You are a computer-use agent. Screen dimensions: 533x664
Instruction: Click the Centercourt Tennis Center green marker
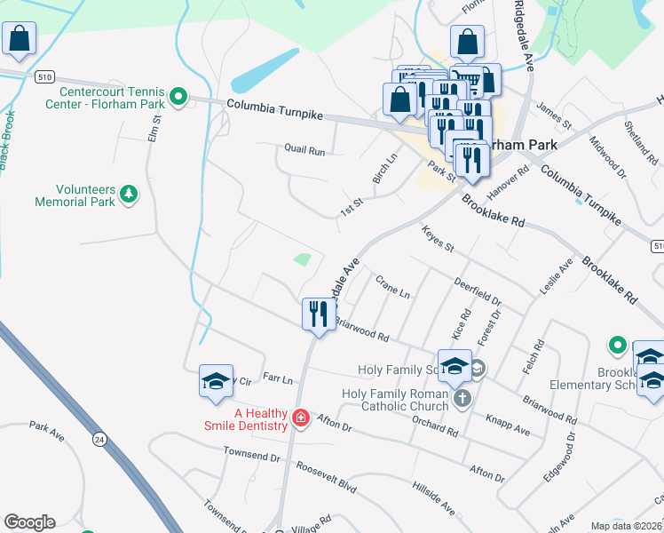[x=178, y=96]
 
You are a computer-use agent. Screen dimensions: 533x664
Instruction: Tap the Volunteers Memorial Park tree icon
[x=129, y=194]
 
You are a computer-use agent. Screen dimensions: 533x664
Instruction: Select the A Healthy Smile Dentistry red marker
[x=301, y=418]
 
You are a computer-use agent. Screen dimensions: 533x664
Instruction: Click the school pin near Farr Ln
[x=216, y=381]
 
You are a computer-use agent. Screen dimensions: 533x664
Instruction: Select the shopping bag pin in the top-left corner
[x=19, y=40]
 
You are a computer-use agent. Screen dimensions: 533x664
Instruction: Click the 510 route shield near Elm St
[x=43, y=77]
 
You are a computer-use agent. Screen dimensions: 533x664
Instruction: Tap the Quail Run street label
[x=304, y=150]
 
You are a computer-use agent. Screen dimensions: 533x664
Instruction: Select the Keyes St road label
[x=438, y=237]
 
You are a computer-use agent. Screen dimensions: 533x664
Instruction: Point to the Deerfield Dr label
[x=478, y=294]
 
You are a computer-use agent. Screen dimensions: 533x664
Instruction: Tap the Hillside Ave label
[x=433, y=498]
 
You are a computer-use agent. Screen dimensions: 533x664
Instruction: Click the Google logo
[x=29, y=522]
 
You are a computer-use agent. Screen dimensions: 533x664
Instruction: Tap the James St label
[x=554, y=115]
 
